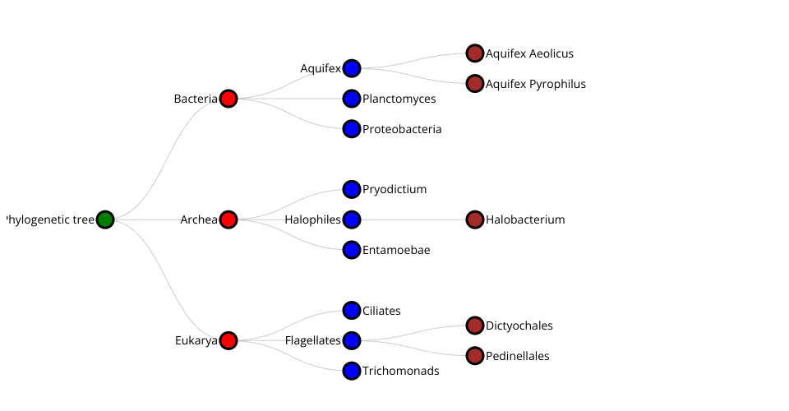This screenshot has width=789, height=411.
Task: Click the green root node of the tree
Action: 105,219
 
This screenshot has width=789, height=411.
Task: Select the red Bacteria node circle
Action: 228,99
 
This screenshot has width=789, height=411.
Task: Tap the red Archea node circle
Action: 228,219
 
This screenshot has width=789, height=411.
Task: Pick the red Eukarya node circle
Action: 228,340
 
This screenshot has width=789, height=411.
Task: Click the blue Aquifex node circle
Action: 352,68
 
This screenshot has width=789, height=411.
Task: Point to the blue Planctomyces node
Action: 352,99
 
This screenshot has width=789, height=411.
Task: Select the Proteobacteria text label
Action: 402,129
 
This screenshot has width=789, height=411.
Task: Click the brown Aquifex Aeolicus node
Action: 475,53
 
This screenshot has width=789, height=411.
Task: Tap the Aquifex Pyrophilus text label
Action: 535,84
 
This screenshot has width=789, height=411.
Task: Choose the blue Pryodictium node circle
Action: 352,189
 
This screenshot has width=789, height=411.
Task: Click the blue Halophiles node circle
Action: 352,219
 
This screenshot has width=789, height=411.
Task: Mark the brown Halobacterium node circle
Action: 475,219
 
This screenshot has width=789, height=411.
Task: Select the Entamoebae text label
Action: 396,250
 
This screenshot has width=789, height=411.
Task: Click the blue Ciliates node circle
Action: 352,310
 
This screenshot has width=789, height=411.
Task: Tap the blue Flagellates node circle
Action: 352,340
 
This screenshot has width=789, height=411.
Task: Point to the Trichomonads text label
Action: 400,371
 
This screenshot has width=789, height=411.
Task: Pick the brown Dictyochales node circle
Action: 475,326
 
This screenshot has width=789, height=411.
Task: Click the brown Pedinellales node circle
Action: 475,356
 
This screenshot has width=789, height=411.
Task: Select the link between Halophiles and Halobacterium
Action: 413,219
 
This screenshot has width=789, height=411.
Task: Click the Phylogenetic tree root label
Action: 50,219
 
